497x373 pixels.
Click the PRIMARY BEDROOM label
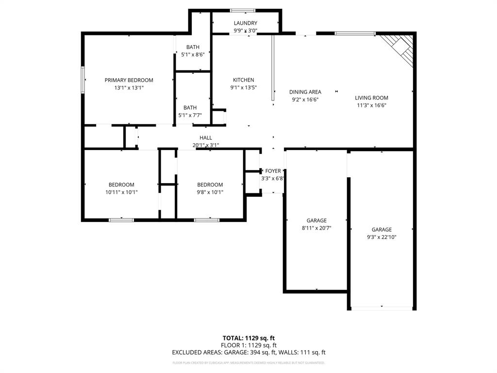129,80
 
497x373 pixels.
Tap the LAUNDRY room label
245,23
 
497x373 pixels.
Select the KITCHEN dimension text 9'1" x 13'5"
243,88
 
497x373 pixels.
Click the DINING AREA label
305,92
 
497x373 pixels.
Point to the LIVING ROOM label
371,98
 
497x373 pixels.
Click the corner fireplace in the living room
400,48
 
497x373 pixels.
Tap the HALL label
205,138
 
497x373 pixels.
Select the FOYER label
273,171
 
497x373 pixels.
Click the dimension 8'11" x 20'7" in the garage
316,228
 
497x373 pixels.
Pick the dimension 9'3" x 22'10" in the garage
381,237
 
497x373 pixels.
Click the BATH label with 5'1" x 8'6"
193,47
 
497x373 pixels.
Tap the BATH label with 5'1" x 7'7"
190,108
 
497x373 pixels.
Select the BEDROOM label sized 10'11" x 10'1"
121,185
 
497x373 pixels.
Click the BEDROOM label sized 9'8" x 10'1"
210,185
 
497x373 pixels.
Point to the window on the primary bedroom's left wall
83,80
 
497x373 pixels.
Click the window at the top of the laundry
243,10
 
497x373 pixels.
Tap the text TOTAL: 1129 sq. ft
248,338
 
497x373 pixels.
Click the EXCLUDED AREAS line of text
248,353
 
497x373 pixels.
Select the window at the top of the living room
355,34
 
